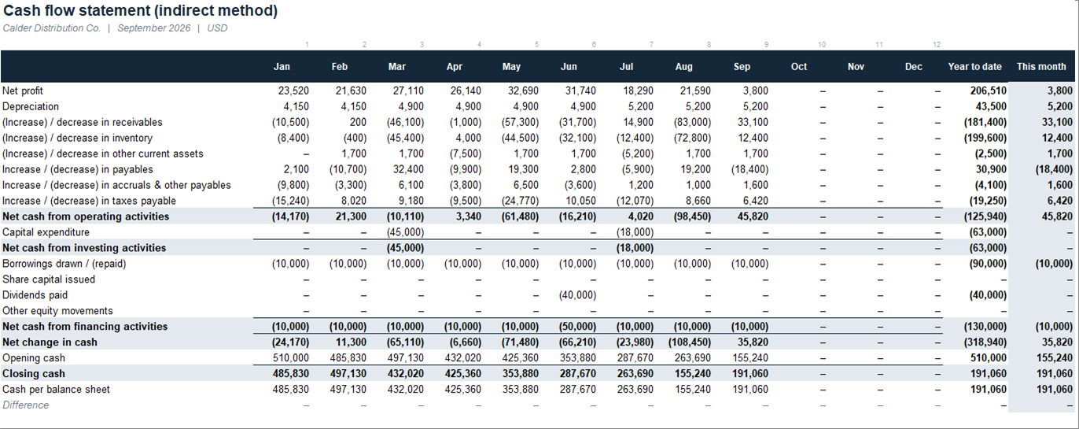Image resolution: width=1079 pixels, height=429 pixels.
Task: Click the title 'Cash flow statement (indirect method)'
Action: [140, 10]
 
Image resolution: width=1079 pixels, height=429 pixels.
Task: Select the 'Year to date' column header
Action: [974, 67]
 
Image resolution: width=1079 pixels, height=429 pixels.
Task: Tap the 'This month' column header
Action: [1041, 67]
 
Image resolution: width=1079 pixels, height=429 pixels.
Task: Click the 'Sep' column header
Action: [742, 67]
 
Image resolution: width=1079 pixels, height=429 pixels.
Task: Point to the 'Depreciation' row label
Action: [31, 106]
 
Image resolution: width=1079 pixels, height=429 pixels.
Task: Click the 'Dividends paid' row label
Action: [35, 295]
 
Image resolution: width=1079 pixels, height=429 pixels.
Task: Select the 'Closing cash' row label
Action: [33, 374]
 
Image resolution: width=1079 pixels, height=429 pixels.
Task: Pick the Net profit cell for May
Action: [523, 91]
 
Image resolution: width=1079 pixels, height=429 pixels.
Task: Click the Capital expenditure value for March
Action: [405, 232]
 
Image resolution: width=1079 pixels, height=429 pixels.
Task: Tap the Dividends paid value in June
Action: [577, 295]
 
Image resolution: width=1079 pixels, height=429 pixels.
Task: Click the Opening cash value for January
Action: [290, 358]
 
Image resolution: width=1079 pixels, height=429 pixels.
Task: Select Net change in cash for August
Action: [689, 342]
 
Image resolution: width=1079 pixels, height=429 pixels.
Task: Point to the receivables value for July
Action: [639, 123]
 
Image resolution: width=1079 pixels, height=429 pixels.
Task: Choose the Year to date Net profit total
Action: [988, 91]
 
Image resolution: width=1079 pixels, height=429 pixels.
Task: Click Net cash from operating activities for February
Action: [351, 216]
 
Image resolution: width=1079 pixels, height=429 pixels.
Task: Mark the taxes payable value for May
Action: [520, 201]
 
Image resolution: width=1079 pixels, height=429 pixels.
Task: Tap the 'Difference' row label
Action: [25, 405]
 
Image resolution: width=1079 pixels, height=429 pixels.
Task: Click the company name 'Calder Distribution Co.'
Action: [52, 28]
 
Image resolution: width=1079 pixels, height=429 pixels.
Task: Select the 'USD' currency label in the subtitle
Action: [217, 28]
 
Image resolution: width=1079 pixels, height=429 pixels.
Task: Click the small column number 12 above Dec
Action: [937, 44]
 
